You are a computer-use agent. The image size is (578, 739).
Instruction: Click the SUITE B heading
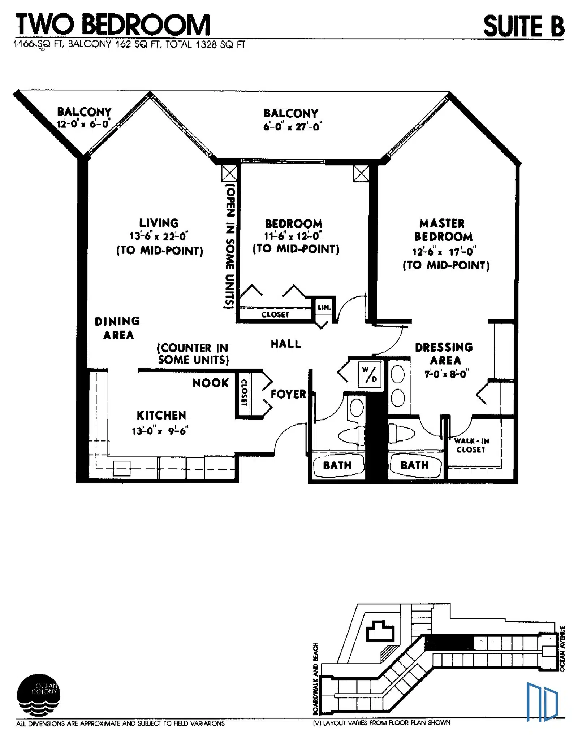point(524,26)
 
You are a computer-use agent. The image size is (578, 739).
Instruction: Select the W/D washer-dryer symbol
point(370,375)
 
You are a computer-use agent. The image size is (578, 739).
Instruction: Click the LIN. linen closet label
point(324,307)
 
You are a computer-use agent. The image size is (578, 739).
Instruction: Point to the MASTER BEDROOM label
point(443,230)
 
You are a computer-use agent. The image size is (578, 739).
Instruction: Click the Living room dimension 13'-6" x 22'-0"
point(159,236)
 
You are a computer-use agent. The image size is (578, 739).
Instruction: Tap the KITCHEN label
point(161,415)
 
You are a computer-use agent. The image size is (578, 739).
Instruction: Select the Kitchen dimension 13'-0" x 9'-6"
point(160,431)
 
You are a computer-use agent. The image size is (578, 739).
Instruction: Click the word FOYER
point(288,394)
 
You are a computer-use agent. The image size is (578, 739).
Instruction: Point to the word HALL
point(286,344)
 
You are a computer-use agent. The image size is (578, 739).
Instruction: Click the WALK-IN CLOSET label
point(471,445)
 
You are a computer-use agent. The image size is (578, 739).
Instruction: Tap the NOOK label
point(211,383)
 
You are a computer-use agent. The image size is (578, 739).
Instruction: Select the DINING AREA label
point(117,328)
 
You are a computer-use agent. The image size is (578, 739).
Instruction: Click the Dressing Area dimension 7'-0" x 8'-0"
point(446,374)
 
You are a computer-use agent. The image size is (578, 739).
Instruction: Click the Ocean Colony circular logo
point(38,695)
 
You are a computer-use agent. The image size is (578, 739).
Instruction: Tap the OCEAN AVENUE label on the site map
point(562,648)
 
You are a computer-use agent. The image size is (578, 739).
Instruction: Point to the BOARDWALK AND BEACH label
point(316,679)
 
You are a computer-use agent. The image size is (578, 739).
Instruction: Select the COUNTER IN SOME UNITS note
point(193,354)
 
